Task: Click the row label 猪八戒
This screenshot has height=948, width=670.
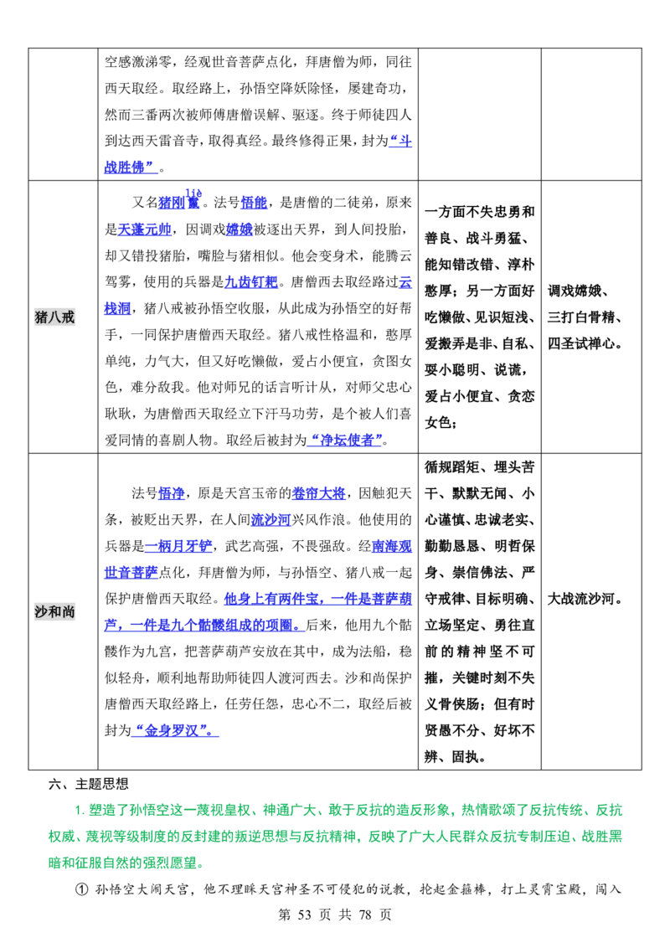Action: coord(54,317)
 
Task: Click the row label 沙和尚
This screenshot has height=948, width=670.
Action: coord(54,612)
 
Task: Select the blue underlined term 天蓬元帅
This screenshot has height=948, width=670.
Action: coord(144,229)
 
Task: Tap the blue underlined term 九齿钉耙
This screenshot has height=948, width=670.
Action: coord(251,282)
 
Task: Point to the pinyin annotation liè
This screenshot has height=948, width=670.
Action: coord(193,193)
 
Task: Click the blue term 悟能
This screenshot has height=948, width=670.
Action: coord(254,204)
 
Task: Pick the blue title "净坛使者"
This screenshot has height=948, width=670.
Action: coord(345,441)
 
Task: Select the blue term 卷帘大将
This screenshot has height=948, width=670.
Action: coord(319,493)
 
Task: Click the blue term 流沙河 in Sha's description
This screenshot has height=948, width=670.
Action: coord(271,520)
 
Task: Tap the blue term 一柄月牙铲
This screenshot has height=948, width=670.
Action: coord(178,547)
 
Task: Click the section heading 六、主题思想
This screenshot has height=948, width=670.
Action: coord(88,784)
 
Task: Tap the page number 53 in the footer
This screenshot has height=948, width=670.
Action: coord(304,915)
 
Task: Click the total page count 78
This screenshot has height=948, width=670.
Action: coord(364,915)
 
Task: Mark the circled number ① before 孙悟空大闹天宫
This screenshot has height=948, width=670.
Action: coord(81,889)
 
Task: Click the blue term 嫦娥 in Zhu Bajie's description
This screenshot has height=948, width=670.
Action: coord(240,229)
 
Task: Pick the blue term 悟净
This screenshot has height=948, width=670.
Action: coord(171,493)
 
